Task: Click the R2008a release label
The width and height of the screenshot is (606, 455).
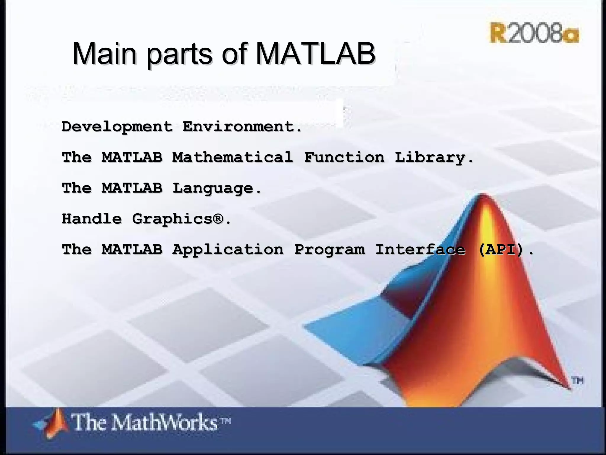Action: click(534, 33)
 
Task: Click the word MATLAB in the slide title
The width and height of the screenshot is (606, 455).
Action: click(315, 54)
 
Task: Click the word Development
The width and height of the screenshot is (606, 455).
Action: click(117, 127)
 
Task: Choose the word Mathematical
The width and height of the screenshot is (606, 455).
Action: click(233, 157)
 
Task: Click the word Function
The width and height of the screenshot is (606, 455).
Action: click(344, 157)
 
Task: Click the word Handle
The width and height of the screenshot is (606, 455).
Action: click(92, 219)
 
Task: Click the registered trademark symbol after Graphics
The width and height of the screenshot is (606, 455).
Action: click(217, 219)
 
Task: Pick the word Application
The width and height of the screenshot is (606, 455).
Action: click(228, 250)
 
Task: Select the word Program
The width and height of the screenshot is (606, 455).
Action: click(329, 250)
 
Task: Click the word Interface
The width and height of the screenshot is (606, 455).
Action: click(420, 249)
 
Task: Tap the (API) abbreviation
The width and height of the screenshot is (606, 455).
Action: click(501, 249)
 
